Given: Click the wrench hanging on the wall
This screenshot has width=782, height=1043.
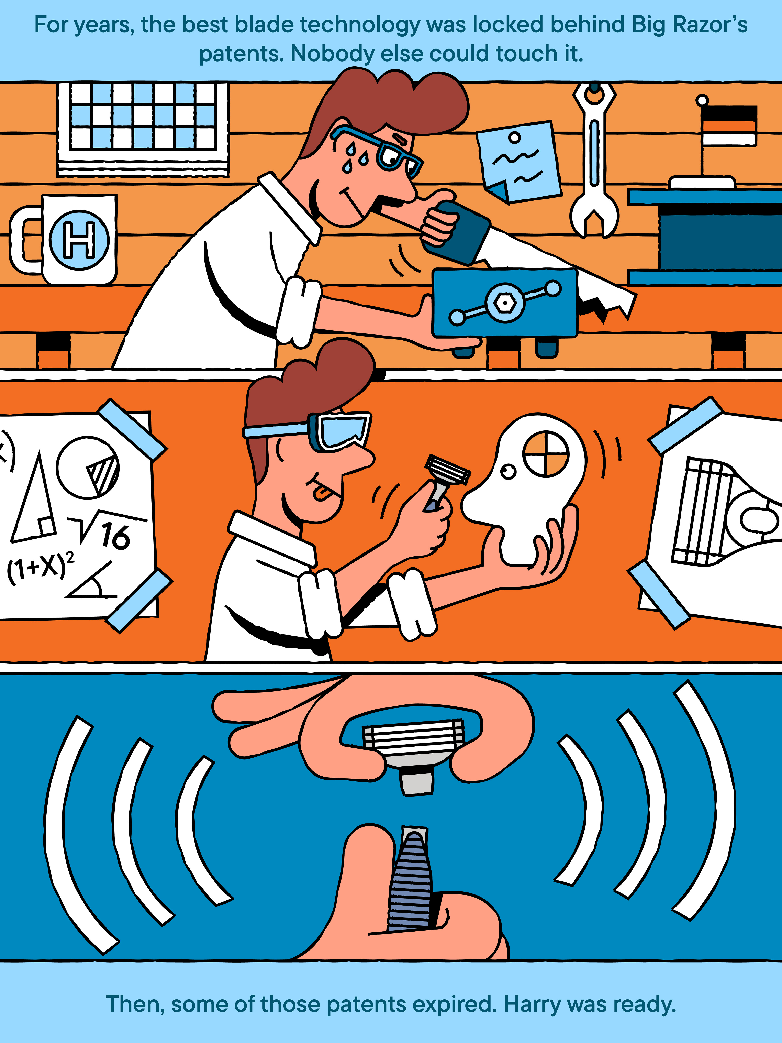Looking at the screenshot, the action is coord(594,160).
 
